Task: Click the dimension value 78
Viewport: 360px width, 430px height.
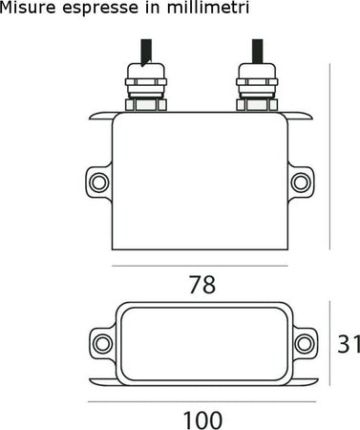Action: tap(201, 285)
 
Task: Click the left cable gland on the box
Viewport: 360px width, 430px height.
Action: tap(146, 88)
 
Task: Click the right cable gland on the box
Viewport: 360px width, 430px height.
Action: tap(255, 88)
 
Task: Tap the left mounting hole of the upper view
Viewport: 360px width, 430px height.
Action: tap(98, 180)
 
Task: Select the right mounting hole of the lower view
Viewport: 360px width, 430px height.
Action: tap(304, 342)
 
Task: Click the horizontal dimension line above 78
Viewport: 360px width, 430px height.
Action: tap(201, 265)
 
